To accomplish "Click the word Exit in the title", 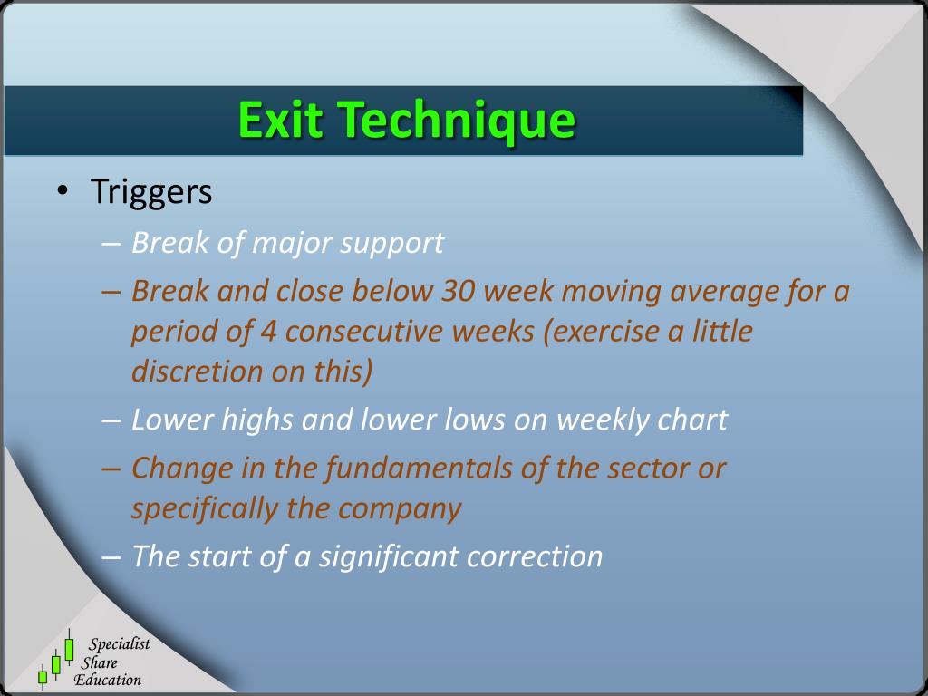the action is pyautogui.click(x=281, y=120).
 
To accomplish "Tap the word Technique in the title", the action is pyautogui.click(x=457, y=122).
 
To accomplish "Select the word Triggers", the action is pyautogui.click(x=151, y=192).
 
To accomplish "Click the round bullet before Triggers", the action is pyautogui.click(x=62, y=190).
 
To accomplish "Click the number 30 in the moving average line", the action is pyautogui.click(x=458, y=291).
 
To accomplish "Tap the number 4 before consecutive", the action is pyautogui.click(x=267, y=332).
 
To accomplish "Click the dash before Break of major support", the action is pyautogui.click(x=111, y=244).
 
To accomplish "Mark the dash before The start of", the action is pyautogui.click(x=111, y=558).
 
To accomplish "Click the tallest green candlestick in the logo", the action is pyautogui.click(x=69, y=649).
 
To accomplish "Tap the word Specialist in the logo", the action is pyautogui.click(x=119, y=645).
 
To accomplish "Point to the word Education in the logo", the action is pyautogui.click(x=108, y=680).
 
